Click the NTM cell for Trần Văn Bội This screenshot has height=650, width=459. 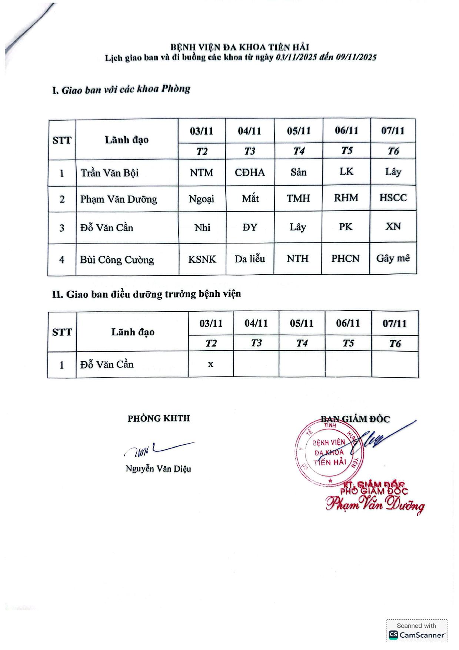pos(202,173)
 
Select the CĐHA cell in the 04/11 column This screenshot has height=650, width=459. pos(250,172)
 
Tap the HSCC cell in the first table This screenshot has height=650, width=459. pos(393,198)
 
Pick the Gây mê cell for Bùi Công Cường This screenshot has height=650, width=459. pos(393,258)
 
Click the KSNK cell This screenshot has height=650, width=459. pos(202,259)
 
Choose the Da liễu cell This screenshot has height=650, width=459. pos(250,259)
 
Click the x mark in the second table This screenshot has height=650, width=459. pos(210,364)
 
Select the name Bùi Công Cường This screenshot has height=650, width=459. pos(117,259)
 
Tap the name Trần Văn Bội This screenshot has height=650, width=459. pos(110,173)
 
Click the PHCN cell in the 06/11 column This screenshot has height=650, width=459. pos(345,258)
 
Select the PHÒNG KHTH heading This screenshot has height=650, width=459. pos(159,418)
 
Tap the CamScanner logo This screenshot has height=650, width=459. pos(393,635)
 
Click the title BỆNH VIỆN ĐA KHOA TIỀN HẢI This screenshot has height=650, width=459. pos(240,47)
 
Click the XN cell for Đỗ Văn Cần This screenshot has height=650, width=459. pos(393,226)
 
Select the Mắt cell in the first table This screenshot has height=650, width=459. pos(250,199)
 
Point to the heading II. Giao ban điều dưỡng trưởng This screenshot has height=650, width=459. pos(146,294)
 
